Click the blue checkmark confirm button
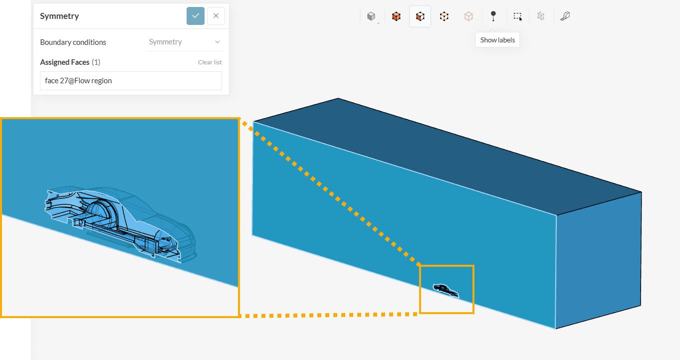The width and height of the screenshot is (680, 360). [195, 16]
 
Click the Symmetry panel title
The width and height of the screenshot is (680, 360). [59, 16]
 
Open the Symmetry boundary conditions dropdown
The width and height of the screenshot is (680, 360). [184, 42]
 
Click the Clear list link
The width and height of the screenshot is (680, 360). [210, 62]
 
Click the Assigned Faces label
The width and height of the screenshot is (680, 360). [65, 62]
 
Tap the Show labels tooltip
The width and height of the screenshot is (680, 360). [497, 40]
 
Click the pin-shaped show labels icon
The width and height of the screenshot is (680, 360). [493, 16]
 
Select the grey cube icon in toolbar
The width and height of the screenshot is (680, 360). [371, 16]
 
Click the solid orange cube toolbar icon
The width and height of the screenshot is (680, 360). [396, 16]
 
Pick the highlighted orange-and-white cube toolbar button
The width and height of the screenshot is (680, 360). [420, 16]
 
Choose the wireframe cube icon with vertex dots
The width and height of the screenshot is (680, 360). [444, 16]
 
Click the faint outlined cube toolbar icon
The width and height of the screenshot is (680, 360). [468, 16]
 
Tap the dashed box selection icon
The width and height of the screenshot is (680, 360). [517, 16]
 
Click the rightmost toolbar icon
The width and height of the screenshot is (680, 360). [565, 16]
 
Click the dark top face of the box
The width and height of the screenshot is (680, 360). [446, 155]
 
